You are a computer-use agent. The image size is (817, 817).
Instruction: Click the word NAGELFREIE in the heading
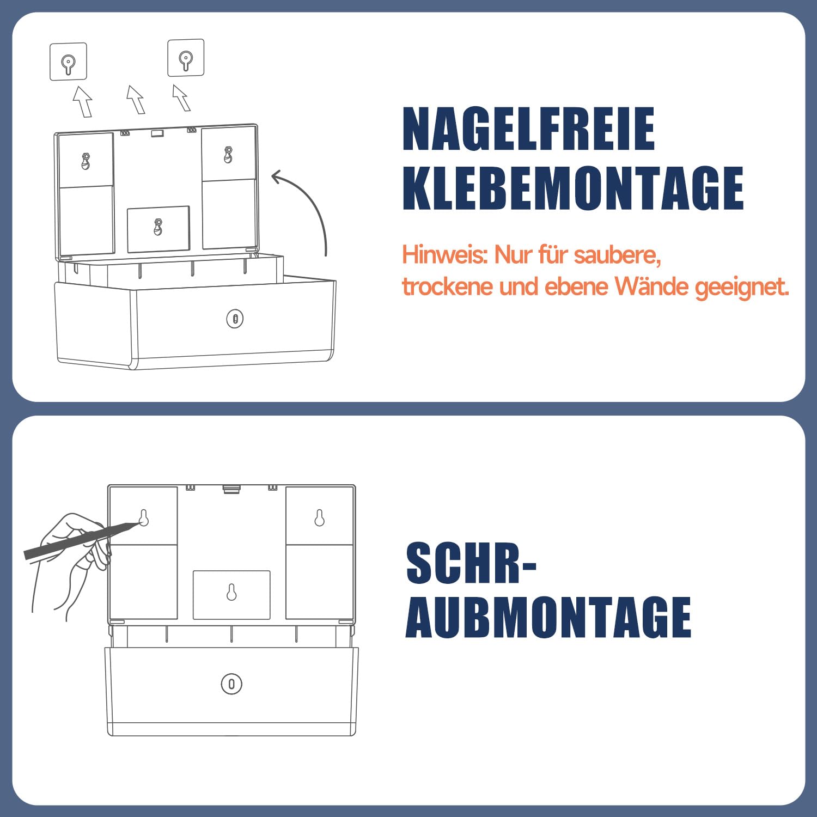528,129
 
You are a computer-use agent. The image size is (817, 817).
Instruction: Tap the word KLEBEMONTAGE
573,188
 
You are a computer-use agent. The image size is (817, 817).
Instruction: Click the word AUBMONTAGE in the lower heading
548,617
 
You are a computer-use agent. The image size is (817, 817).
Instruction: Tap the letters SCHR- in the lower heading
472,563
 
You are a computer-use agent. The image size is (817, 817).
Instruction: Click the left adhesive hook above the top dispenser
68,62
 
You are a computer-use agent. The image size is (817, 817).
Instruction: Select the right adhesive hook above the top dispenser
186,58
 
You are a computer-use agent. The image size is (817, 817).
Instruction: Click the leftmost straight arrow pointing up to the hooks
83,101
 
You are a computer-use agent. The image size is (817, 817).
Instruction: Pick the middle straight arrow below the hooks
136,100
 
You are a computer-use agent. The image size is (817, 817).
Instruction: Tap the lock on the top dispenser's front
235,319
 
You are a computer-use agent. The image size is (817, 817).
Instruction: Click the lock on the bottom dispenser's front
231,684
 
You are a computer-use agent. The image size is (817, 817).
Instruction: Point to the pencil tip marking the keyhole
141,523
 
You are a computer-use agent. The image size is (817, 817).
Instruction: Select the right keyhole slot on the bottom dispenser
320,517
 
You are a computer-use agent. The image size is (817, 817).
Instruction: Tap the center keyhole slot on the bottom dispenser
231,592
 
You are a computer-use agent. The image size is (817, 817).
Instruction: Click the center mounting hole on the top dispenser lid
158,227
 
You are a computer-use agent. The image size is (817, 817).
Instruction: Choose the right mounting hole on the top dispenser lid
228,155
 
